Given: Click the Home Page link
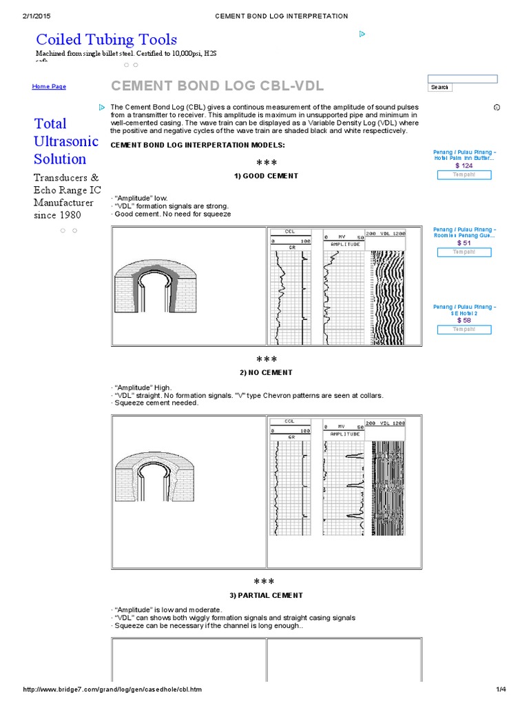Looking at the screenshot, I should pyautogui.click(x=49, y=87).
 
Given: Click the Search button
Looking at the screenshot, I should pyautogui.click(x=439, y=88).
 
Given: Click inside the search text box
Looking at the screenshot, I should pyautogui.click(x=462, y=79).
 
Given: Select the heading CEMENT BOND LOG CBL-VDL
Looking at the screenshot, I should pyautogui.click(x=217, y=86).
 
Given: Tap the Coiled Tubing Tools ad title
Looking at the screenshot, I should pyautogui.click(x=106, y=39).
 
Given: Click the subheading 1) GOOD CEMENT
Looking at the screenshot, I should pyautogui.click(x=266, y=176).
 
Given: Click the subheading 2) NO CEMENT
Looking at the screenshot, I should pyautogui.click(x=266, y=372).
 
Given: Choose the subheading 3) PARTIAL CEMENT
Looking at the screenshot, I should pyautogui.click(x=266, y=595).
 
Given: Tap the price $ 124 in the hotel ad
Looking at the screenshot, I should pyautogui.click(x=464, y=165).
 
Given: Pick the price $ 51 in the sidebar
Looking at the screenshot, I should pyautogui.click(x=464, y=243).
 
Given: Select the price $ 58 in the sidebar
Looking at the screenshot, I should pyautogui.click(x=464, y=320).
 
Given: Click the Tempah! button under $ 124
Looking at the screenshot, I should pyautogui.click(x=464, y=175).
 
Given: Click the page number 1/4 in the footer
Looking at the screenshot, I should pyautogui.click(x=500, y=689).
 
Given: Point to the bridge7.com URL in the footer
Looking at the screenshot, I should pyautogui.click(x=113, y=689).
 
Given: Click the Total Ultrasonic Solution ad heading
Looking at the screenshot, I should pyautogui.click(x=60, y=141).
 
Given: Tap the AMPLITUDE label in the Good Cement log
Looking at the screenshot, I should pyautogui.click(x=344, y=244).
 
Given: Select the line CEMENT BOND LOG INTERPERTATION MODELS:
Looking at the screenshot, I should pyautogui.click(x=197, y=145).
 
